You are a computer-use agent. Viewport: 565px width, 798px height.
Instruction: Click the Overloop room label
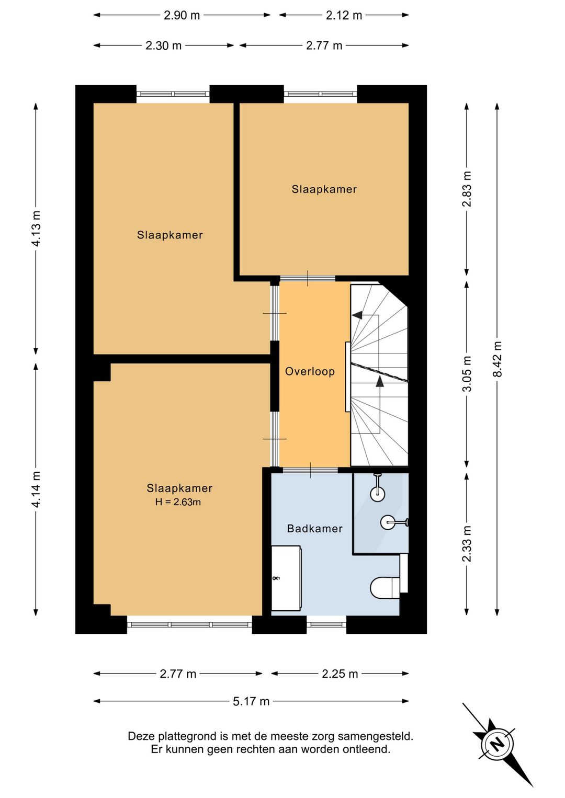click(x=310, y=372)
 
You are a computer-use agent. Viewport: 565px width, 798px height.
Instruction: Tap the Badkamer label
click(x=315, y=528)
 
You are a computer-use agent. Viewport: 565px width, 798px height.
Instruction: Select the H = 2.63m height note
click(x=178, y=502)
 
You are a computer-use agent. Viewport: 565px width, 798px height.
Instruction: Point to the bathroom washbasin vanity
click(x=286, y=578)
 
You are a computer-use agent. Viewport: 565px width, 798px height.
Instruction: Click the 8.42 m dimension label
click(x=498, y=359)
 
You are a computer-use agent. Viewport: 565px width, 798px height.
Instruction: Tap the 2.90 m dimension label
click(x=182, y=15)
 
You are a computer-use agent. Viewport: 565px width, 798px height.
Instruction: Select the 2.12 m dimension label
click(x=344, y=15)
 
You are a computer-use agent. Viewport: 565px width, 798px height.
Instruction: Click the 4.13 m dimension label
click(x=36, y=229)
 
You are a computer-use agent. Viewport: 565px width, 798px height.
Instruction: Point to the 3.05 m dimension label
click(x=467, y=373)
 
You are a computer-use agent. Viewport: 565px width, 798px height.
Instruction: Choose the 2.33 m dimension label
click(x=467, y=544)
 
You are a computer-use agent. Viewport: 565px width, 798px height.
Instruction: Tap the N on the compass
click(x=497, y=743)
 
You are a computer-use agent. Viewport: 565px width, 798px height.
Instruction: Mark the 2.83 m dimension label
click(x=467, y=189)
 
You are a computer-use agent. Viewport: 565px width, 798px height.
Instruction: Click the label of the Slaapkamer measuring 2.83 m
click(x=324, y=189)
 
